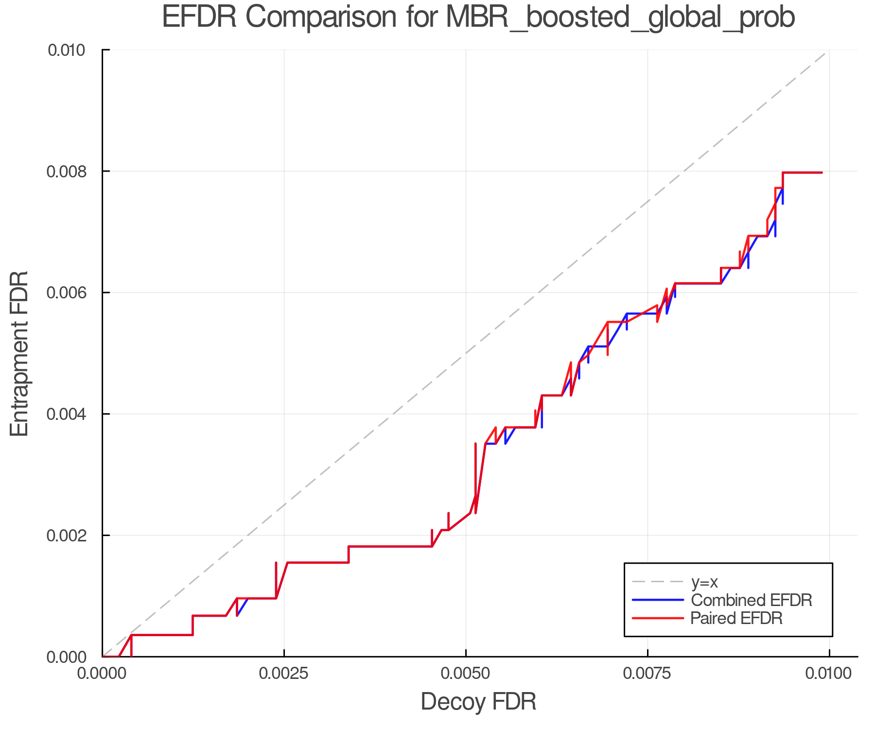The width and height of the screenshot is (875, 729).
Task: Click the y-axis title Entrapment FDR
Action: pos(19,353)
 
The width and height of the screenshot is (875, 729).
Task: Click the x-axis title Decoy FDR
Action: pos(478,702)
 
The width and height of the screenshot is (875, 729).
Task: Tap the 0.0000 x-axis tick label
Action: pos(102,674)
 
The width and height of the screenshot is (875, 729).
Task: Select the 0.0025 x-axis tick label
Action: pos(284,674)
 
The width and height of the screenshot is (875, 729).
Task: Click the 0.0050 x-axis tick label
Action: pos(466,674)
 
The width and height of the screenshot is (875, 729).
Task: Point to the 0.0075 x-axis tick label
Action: pos(647,674)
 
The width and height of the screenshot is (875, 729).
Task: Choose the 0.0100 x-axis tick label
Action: pos(829,674)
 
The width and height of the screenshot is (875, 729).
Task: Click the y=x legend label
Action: pos(704,582)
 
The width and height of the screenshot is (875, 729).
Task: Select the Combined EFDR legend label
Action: pos(751,600)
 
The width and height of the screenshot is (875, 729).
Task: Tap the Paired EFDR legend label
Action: pos(736,618)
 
